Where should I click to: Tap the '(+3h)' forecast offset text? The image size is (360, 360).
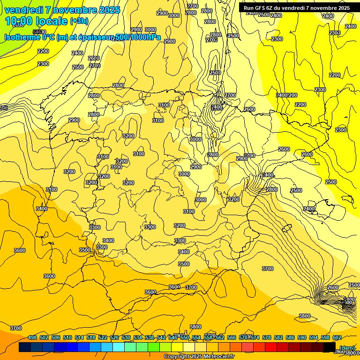79,21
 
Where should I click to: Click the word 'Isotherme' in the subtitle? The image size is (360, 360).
22,37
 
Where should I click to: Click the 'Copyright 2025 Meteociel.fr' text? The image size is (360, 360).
199,357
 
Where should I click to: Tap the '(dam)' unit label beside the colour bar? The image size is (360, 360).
346,347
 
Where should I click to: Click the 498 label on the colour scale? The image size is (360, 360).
32,337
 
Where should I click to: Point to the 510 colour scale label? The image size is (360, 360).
67,337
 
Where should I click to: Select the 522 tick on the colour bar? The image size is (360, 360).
103,337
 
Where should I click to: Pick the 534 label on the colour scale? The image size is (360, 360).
138,337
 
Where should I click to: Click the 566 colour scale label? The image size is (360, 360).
232,337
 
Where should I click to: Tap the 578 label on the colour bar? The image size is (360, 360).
267,337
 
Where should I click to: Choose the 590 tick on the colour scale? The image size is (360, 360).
302,337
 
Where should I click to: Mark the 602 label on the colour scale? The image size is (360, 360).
337,337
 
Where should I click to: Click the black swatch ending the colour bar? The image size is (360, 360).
329,347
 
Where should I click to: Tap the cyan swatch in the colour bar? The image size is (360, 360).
118,347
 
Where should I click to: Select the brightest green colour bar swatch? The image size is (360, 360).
153,347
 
